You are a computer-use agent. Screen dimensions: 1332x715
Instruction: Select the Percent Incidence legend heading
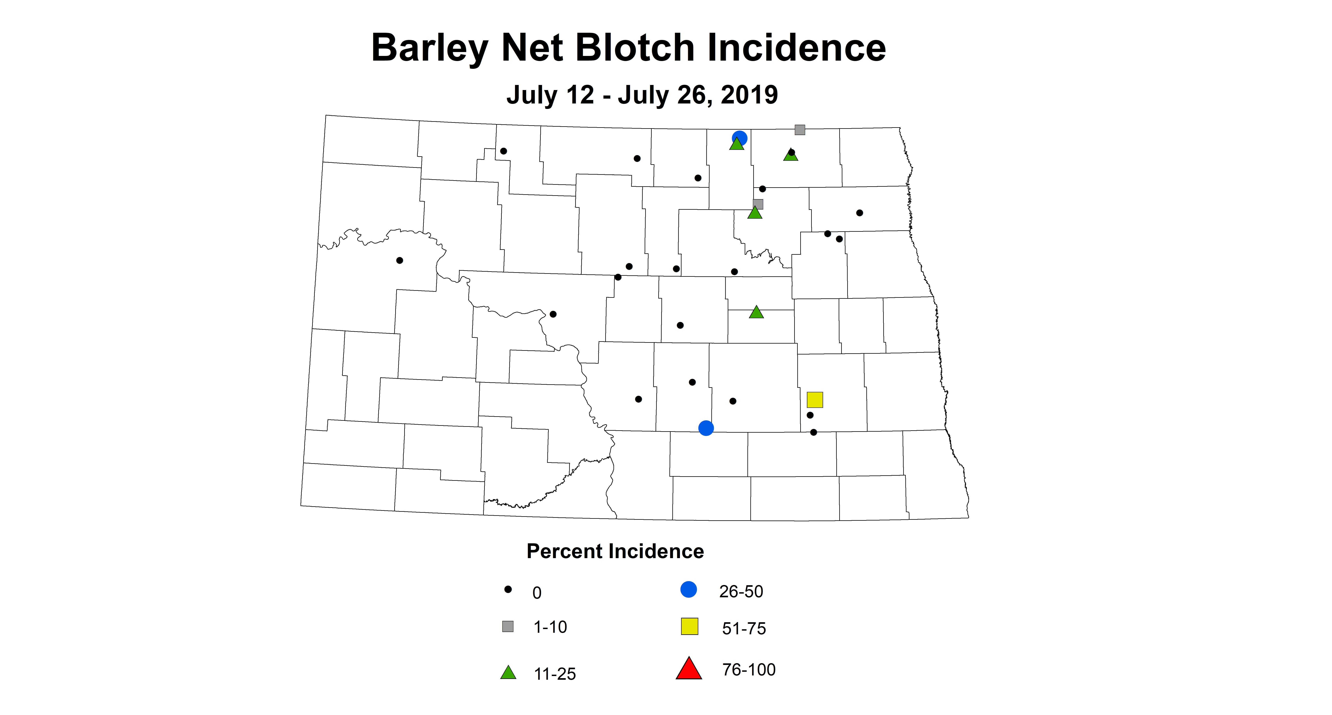tap(615, 551)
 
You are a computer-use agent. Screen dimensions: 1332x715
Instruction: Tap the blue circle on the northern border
tap(739, 138)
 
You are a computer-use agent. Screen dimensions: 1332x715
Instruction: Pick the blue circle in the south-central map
tap(706, 428)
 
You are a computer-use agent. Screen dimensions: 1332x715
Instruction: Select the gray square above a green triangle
tap(758, 204)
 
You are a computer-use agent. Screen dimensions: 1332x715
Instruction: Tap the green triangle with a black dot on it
tap(791, 155)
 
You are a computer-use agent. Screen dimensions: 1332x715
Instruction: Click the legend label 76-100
tap(749, 670)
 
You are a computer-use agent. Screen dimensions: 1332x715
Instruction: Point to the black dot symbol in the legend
tap(508, 589)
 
